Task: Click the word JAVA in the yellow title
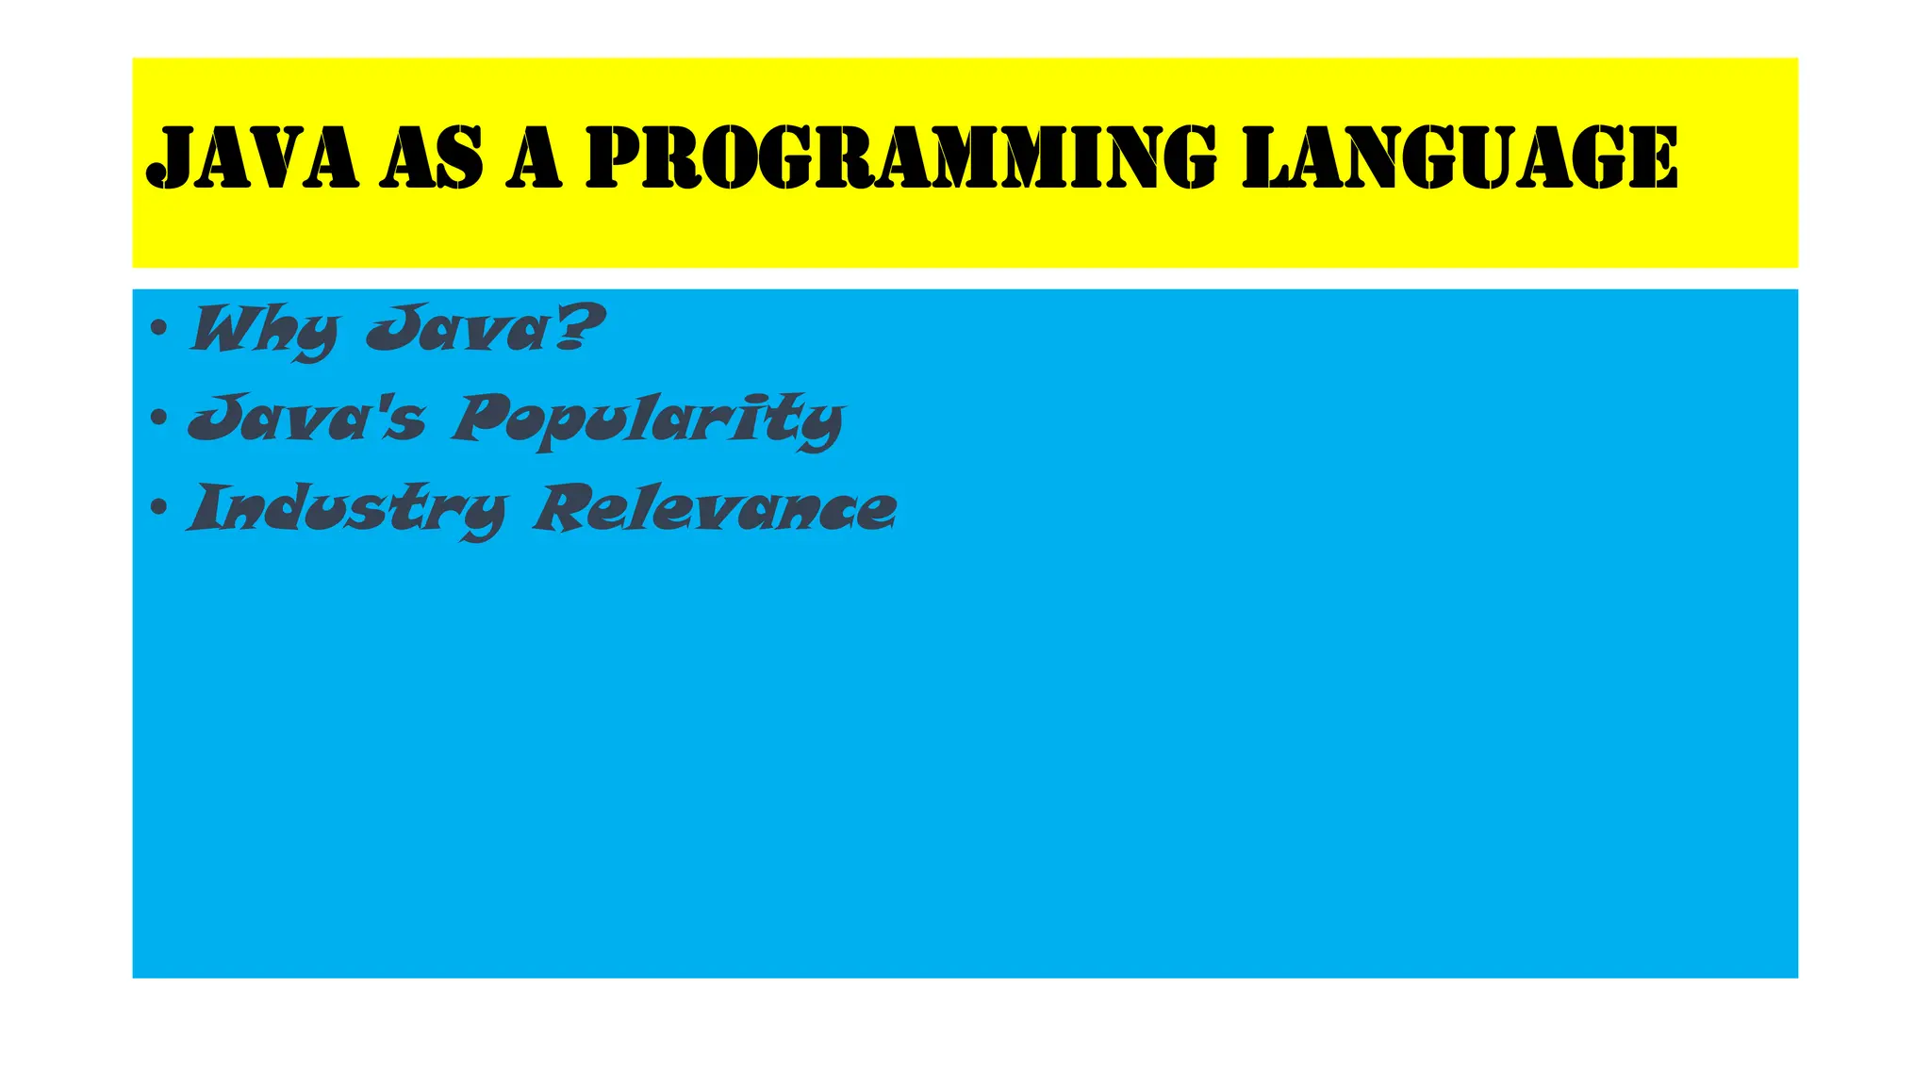point(253,157)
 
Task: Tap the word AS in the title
point(432,157)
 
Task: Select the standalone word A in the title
point(534,157)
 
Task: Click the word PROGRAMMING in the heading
point(900,157)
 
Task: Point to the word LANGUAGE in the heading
point(1460,157)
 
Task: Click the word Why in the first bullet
point(263,330)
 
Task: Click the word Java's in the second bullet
point(307,419)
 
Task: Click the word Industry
point(347,510)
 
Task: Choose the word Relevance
point(715,508)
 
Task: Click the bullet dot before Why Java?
point(159,328)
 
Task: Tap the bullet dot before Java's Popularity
point(159,418)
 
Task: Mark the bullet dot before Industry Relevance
point(159,507)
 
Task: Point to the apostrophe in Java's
point(385,403)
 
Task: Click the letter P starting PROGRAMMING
point(617,157)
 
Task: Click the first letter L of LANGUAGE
point(1269,157)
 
